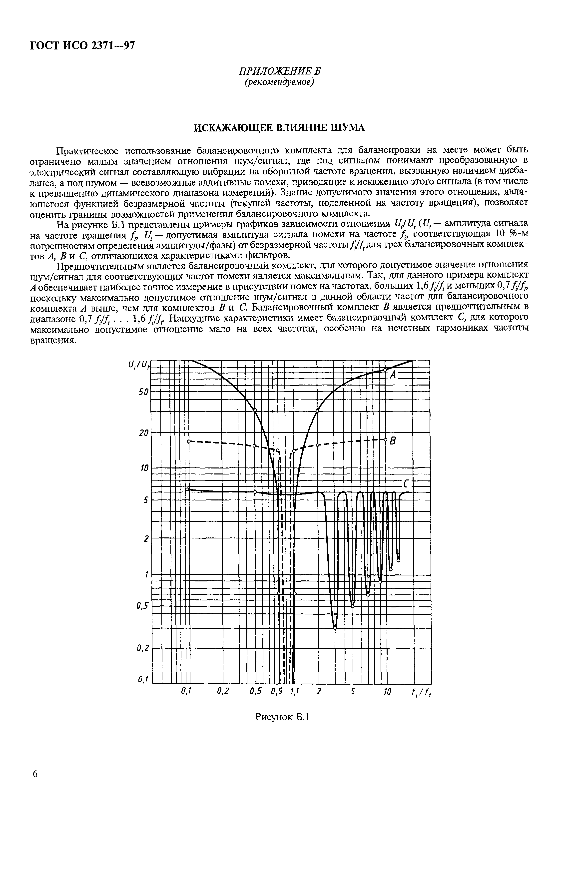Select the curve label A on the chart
[393, 375]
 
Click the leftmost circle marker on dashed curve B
[189, 441]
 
